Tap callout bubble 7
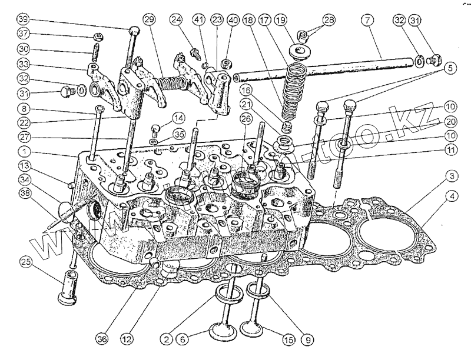click(367, 20)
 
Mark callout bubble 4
click(451, 196)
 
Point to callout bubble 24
click(176, 19)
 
